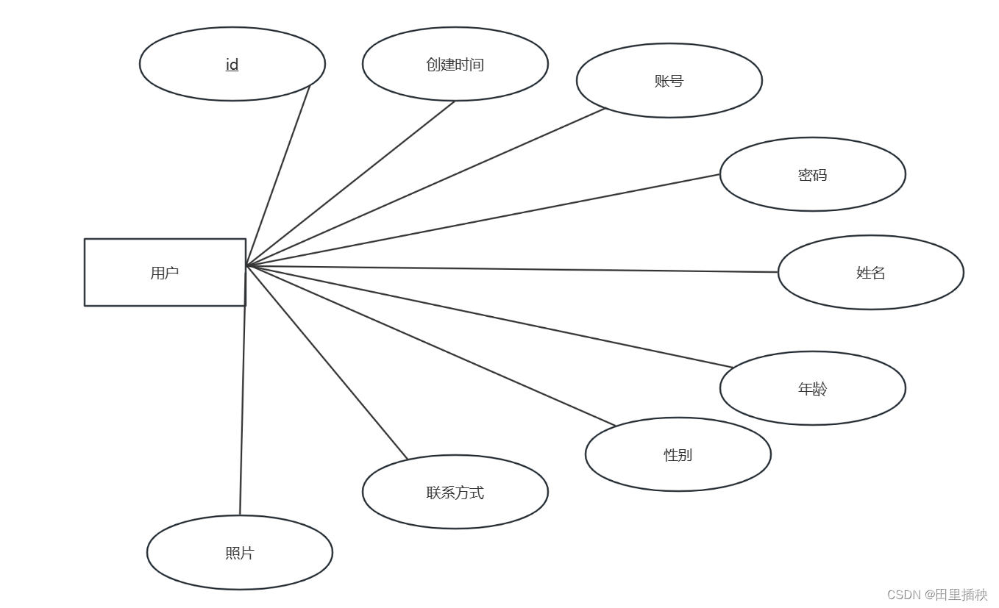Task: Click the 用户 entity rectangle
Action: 165,272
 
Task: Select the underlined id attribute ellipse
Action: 232,64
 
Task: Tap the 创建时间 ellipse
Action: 455,64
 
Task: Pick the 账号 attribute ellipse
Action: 669,81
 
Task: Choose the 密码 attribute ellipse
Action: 813,174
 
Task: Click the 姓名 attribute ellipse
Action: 871,272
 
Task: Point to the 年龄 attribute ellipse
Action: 813,388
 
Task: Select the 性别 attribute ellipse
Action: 678,454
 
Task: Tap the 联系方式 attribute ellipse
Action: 455,492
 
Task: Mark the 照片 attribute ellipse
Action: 240,552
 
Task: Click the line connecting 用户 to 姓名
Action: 515,269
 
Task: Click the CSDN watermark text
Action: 936,595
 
